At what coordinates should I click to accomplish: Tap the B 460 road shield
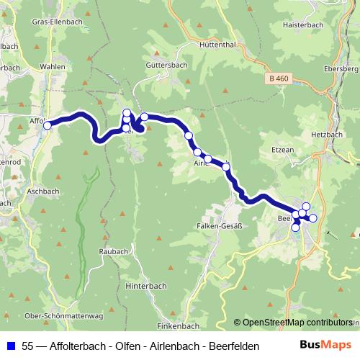[277, 78]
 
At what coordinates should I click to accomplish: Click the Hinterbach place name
[147, 285]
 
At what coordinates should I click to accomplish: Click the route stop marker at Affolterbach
[48, 125]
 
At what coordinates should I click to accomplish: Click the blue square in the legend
[12, 346]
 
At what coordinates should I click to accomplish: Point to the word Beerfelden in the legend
[234, 346]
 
